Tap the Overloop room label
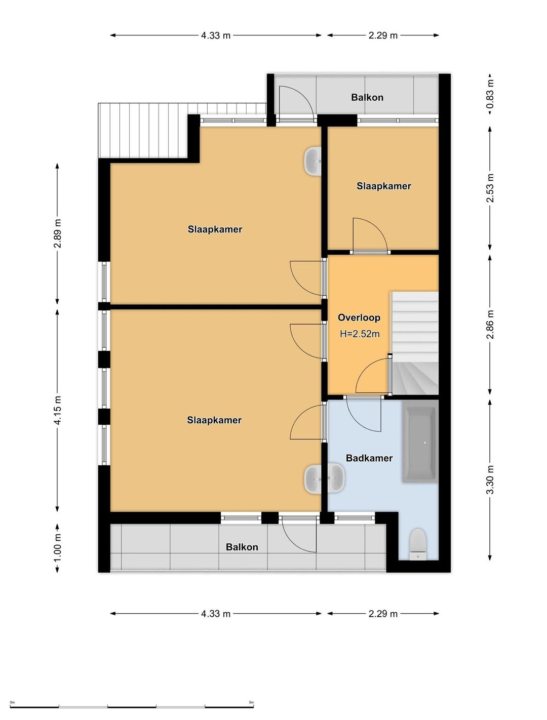point(359,317)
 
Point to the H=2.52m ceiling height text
point(360,334)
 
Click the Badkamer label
point(369,458)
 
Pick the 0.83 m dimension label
point(490,94)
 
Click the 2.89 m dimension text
point(58,233)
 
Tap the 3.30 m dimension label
point(490,479)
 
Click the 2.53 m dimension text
point(490,188)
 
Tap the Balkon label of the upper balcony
point(367,97)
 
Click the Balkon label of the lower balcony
point(242,547)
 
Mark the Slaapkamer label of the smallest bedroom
point(383,186)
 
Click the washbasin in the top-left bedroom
point(313,161)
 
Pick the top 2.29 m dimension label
point(382,35)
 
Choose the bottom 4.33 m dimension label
point(216,613)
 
